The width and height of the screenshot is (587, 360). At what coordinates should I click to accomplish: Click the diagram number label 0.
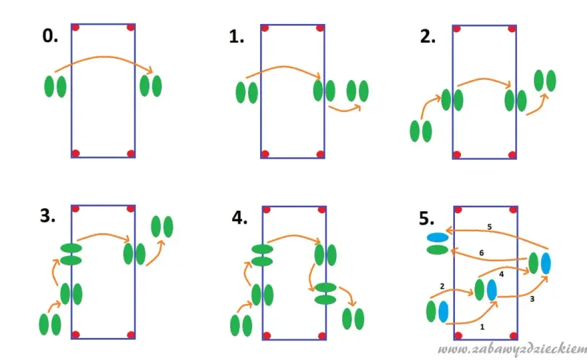(50, 36)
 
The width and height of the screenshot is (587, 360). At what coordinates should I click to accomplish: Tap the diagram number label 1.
(236, 37)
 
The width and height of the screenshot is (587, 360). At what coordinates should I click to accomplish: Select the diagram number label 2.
(428, 37)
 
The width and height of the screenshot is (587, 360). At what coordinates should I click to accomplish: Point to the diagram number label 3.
(47, 216)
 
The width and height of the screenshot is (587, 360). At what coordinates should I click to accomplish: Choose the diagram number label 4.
(239, 217)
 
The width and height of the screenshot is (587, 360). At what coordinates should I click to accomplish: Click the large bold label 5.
(426, 219)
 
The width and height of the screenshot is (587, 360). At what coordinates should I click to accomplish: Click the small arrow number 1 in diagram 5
(482, 327)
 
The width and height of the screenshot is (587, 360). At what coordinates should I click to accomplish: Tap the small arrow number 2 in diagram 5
(442, 286)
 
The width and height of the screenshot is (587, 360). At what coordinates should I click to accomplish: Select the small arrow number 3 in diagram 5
(532, 299)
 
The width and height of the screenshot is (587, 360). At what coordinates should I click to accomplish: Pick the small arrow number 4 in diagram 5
(501, 274)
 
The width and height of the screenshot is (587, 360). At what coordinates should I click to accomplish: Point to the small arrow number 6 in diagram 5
(482, 253)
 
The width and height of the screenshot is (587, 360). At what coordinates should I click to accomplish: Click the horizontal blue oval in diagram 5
(438, 237)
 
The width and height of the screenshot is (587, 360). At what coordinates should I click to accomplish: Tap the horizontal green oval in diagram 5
(438, 249)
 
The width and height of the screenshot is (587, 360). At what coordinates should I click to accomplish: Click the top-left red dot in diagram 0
(75, 27)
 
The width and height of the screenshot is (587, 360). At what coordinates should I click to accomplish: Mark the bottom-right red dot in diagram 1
(320, 154)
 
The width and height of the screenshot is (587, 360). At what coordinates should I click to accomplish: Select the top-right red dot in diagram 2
(512, 29)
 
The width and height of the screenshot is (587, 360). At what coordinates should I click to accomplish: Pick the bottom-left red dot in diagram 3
(75, 334)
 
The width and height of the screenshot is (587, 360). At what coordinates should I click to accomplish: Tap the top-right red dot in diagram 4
(322, 210)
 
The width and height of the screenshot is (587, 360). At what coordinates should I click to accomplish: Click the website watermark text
(512, 349)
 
